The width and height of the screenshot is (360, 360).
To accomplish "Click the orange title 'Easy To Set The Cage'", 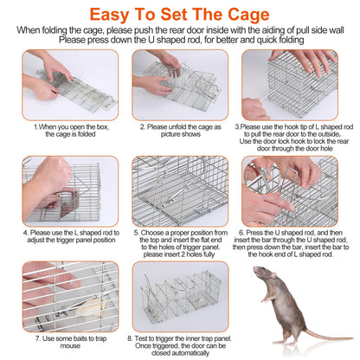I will (180, 15).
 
